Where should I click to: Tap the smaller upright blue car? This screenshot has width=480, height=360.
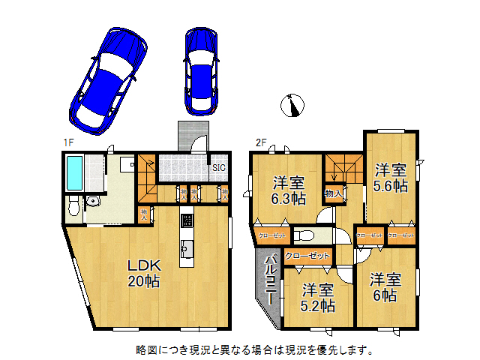[x=200, y=72]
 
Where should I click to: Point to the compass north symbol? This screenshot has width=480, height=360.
[x=292, y=106]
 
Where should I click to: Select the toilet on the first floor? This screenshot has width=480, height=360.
[x=73, y=205]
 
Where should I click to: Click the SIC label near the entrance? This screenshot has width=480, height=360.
[x=219, y=168]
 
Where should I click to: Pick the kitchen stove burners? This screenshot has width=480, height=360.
[x=187, y=223]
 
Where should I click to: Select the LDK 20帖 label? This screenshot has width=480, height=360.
[x=142, y=273]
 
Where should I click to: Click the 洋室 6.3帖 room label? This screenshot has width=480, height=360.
[x=288, y=190]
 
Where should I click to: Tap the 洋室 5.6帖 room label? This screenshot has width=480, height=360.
[x=390, y=176]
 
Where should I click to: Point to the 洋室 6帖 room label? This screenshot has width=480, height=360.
[x=385, y=286]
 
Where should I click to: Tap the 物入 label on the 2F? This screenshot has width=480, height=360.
[x=333, y=194]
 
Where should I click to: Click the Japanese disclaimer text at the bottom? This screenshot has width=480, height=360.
[x=254, y=349]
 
